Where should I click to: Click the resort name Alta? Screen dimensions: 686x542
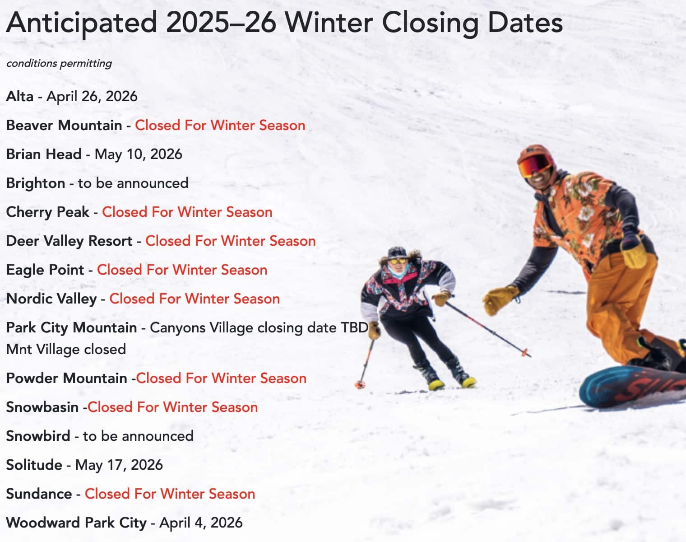[x=20, y=96]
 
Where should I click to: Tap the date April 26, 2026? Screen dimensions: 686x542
[x=92, y=97]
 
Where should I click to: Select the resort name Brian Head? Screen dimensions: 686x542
[x=44, y=154]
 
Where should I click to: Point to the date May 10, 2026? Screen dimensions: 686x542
[x=139, y=154]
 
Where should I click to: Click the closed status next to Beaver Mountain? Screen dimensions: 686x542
[x=220, y=125]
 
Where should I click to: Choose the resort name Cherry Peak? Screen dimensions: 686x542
[x=48, y=212]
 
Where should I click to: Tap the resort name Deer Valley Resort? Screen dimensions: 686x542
[x=69, y=241]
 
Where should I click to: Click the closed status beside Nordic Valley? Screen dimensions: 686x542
[x=195, y=299]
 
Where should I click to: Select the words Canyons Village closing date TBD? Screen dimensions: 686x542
[x=259, y=328]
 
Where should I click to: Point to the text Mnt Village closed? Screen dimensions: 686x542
[x=66, y=349]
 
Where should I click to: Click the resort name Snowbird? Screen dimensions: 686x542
[x=38, y=436]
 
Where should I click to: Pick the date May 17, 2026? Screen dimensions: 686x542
[x=119, y=465]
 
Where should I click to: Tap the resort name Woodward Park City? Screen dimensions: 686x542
[x=77, y=523]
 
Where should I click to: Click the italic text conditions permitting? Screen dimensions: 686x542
[x=59, y=64]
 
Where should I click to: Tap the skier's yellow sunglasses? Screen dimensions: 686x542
[x=398, y=261]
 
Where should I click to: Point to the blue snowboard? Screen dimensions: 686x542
[x=633, y=387]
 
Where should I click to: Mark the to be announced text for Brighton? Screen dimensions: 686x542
[x=133, y=183]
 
